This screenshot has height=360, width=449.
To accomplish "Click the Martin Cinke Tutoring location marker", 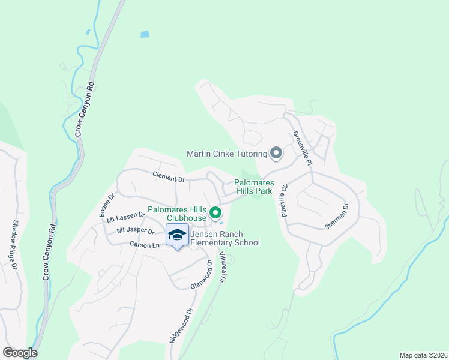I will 276,154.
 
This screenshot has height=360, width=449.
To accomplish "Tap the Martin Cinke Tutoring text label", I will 227,154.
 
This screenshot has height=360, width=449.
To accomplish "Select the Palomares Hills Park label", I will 253,187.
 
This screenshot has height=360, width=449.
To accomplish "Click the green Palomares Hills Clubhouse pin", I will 215,212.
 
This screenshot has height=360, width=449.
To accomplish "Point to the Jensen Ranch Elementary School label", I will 224,238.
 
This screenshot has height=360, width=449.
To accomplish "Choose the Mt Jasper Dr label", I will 136,230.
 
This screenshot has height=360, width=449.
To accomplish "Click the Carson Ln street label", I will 145,245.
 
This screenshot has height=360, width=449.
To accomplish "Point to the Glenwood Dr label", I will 200,275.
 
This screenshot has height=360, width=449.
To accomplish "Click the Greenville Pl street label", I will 303,149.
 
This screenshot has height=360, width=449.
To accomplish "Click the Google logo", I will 20,353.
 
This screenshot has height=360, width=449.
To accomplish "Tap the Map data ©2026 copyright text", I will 423,355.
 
